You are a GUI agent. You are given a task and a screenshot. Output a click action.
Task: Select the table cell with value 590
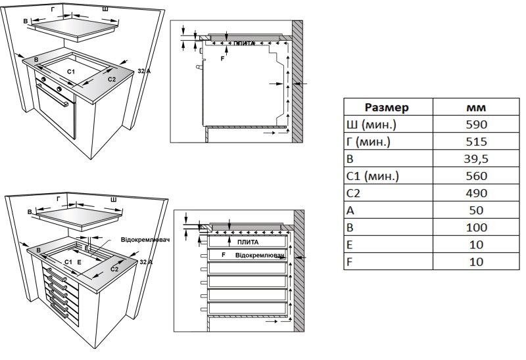[475, 125]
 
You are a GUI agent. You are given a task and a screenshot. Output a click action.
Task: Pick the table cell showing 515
[475, 142]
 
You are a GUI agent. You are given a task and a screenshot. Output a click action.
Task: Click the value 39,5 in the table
[475, 159]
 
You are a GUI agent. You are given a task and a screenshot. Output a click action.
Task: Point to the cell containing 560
[475, 176]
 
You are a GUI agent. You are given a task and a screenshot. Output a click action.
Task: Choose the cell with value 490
[475, 193]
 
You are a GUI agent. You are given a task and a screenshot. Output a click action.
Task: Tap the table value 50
[475, 210]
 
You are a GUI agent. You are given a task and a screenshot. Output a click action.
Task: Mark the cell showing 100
[475, 227]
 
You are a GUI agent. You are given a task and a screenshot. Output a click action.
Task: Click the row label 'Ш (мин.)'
[371, 125]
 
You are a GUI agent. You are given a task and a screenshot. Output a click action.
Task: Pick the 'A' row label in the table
[350, 210]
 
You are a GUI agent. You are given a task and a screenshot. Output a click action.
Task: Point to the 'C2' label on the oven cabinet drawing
[112, 79]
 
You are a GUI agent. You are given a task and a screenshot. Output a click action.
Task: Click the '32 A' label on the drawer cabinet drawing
[146, 261]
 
